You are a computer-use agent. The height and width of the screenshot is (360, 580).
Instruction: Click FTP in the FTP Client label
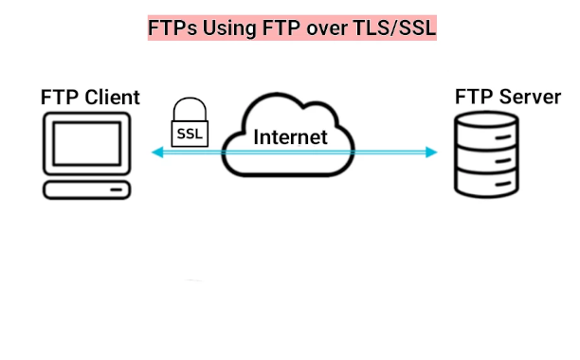point(59,97)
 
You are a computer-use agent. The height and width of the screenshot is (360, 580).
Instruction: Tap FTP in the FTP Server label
point(474,97)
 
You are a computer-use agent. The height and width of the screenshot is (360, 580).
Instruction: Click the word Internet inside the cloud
point(290,136)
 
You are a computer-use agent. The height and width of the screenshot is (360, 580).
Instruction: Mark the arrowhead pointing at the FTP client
point(157,153)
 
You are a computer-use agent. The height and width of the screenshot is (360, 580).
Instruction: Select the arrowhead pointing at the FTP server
point(432,153)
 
